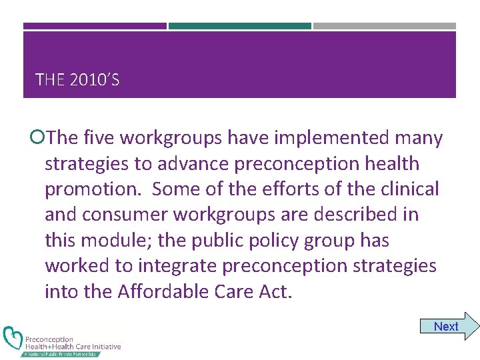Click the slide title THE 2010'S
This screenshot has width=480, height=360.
tap(77, 81)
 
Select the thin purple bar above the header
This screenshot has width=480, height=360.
tap(95, 26)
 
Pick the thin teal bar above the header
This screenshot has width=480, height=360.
tap(239, 26)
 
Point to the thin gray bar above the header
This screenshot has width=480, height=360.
tap(384, 26)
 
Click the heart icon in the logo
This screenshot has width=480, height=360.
tap(13, 339)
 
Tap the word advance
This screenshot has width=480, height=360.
tap(193, 163)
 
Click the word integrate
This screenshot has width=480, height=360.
tap(178, 266)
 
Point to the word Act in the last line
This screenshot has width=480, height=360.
tap(276, 291)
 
